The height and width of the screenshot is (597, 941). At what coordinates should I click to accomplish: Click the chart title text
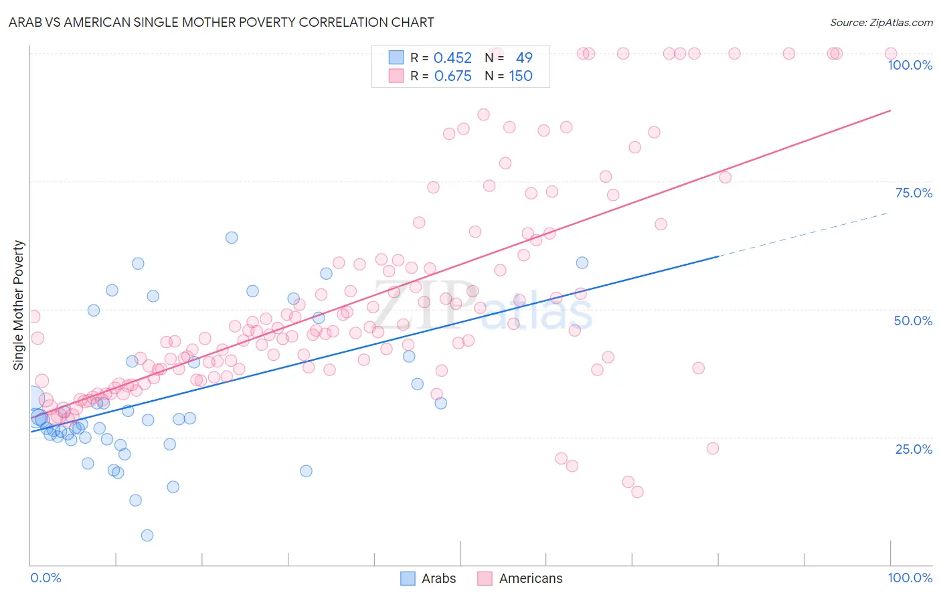(x=222, y=22)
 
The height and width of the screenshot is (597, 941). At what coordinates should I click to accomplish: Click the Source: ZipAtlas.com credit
(x=881, y=22)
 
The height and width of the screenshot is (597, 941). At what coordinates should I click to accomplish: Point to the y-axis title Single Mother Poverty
(x=18, y=305)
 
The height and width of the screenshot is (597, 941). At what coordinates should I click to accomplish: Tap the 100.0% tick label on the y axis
(x=910, y=65)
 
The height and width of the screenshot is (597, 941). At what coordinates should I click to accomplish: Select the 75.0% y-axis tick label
(x=914, y=193)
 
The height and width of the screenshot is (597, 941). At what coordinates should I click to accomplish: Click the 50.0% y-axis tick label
(x=913, y=321)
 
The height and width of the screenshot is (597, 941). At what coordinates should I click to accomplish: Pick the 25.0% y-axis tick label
(x=914, y=448)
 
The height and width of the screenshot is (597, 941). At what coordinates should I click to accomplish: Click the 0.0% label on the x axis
(x=46, y=578)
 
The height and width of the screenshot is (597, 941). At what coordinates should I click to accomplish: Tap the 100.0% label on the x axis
(x=910, y=578)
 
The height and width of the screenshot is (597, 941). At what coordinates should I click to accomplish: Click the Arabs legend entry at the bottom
(x=428, y=578)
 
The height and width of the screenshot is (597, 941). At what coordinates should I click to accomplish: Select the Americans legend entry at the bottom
(x=520, y=578)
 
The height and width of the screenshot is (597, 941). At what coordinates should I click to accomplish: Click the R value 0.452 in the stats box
(x=452, y=58)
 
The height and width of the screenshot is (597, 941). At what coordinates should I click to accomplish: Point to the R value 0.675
(x=452, y=76)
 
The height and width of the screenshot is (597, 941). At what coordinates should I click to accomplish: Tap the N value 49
(x=524, y=58)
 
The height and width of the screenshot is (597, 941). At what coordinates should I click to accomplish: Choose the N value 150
(x=521, y=76)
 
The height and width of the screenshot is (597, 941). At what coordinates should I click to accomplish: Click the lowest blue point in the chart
(x=147, y=535)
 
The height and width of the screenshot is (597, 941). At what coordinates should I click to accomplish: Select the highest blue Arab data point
(x=232, y=238)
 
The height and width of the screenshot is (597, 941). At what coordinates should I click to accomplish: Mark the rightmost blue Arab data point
(x=582, y=263)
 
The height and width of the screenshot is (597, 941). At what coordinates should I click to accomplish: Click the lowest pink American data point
(x=637, y=492)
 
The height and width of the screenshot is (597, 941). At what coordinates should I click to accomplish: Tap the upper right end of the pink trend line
(x=890, y=110)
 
